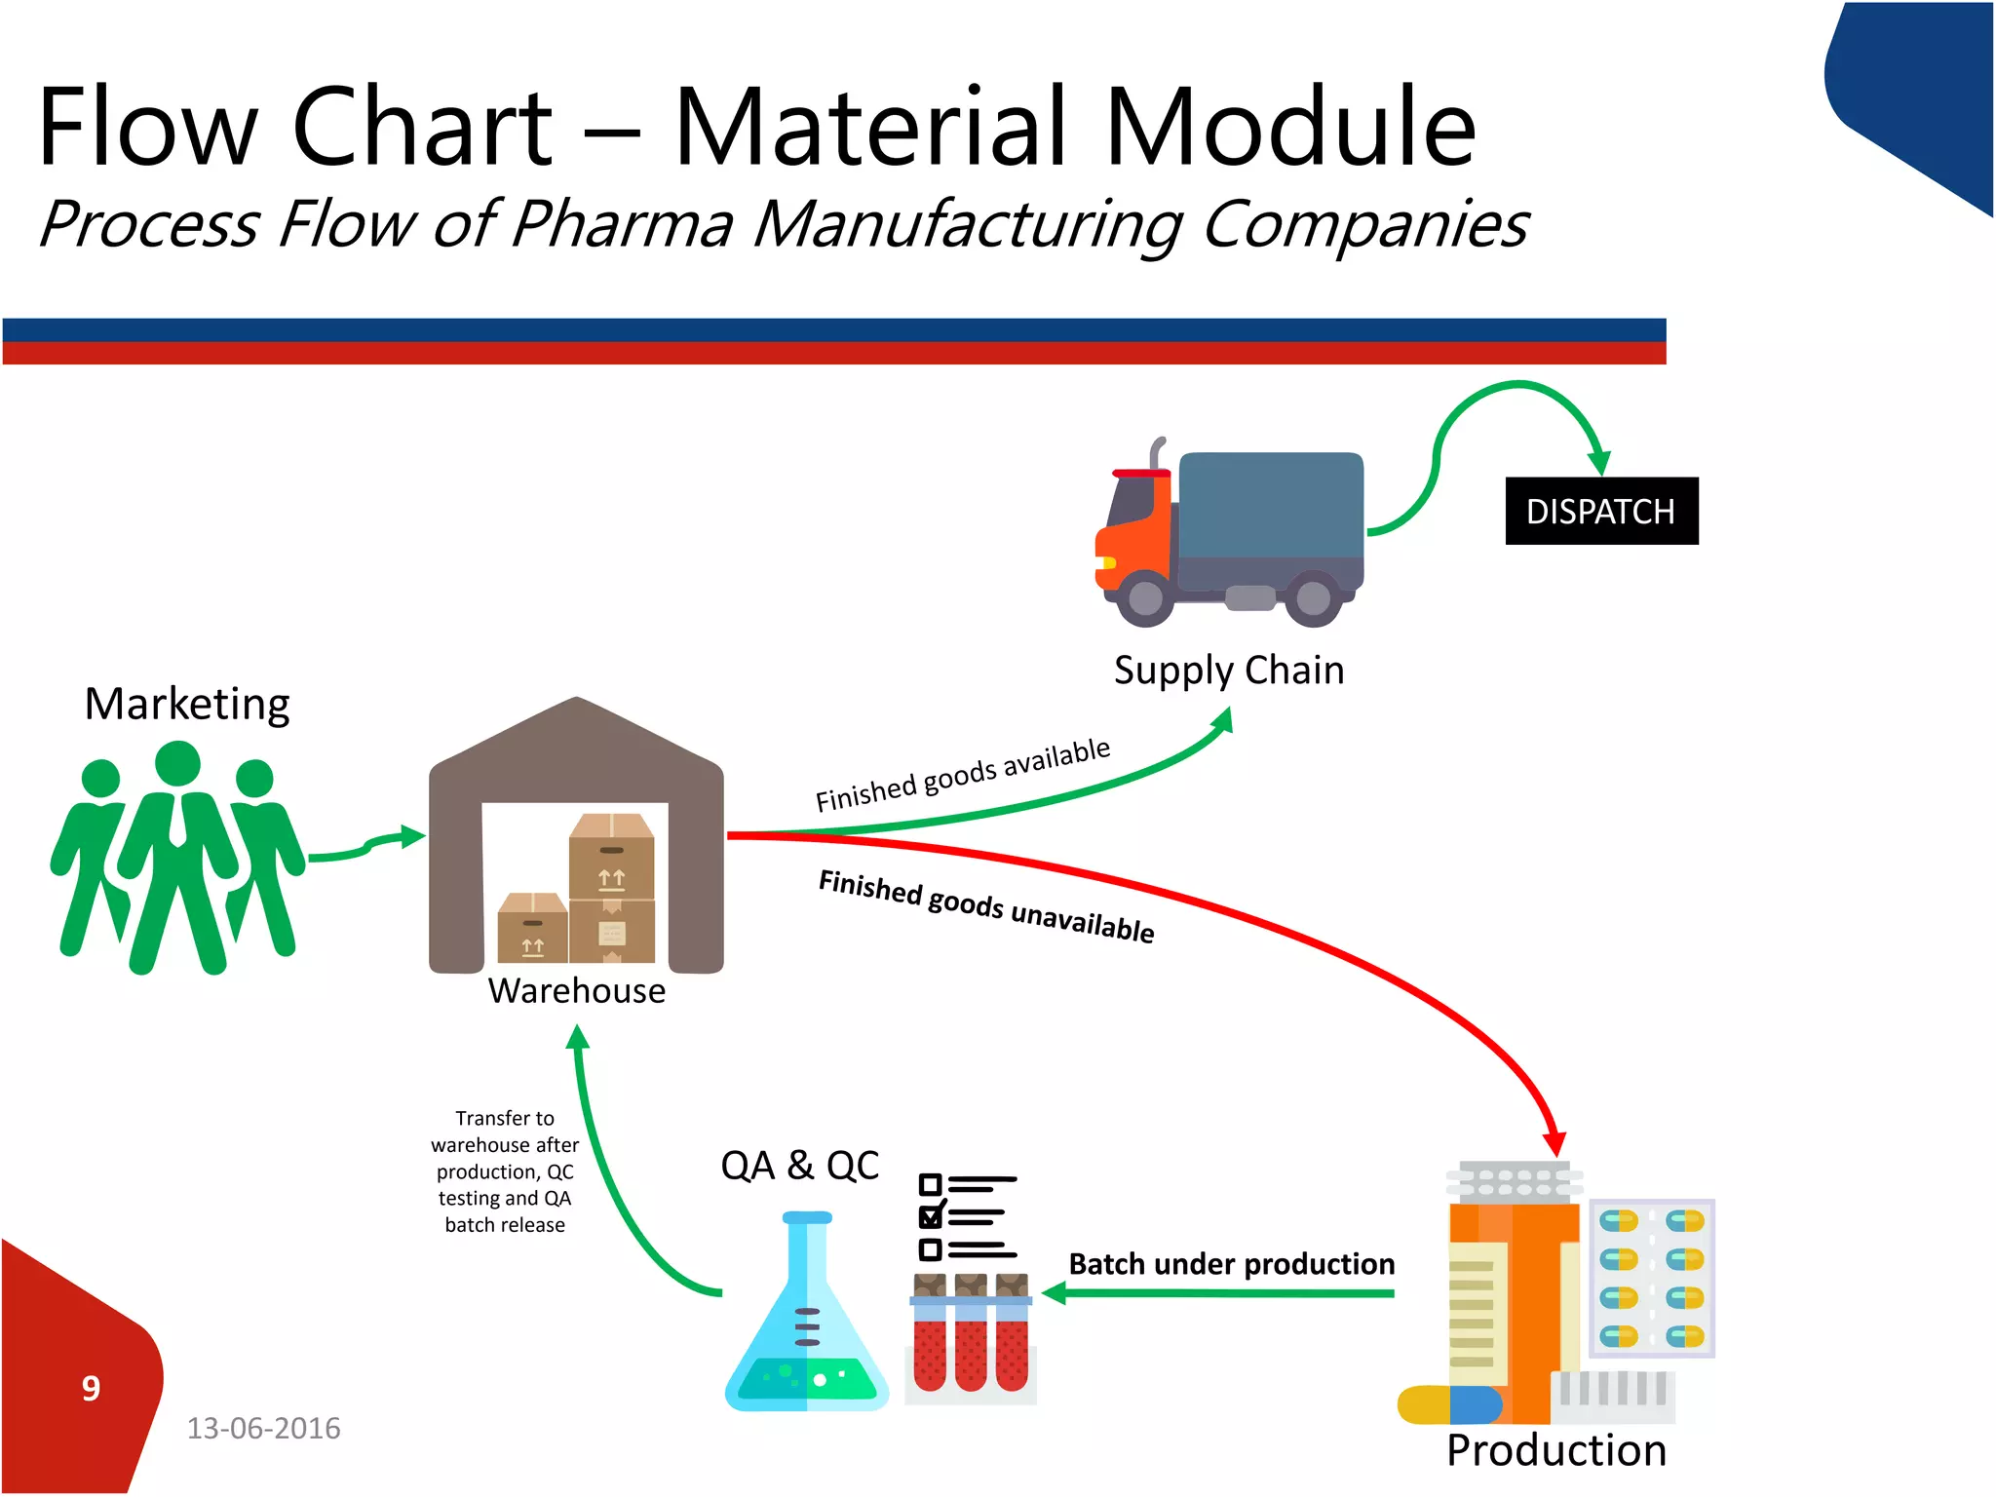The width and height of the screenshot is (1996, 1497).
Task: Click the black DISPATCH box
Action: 1600,511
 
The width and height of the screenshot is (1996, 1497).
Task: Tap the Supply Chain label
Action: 1228,671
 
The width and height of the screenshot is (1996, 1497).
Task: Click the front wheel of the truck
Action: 1145,596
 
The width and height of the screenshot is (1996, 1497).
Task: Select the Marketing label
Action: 187,704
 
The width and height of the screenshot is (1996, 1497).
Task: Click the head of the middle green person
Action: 177,763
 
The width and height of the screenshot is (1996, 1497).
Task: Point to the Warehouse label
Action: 576,991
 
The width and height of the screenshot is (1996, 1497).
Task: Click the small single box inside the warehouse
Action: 531,928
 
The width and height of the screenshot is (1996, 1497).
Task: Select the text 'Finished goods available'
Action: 962,775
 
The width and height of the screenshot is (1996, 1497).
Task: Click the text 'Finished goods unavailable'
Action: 986,906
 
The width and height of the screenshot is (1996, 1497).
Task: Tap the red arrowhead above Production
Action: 1555,1142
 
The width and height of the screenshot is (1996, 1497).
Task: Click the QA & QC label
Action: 799,1166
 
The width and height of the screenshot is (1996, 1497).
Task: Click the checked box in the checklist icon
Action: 930,1216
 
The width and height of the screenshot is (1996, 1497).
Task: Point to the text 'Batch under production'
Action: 1231,1264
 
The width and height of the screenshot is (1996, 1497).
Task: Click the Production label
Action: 1555,1450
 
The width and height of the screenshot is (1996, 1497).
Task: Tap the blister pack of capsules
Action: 1651,1278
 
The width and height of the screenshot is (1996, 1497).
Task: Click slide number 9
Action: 91,1388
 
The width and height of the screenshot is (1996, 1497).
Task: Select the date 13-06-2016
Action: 263,1429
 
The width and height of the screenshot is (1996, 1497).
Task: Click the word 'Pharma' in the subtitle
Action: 621,224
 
